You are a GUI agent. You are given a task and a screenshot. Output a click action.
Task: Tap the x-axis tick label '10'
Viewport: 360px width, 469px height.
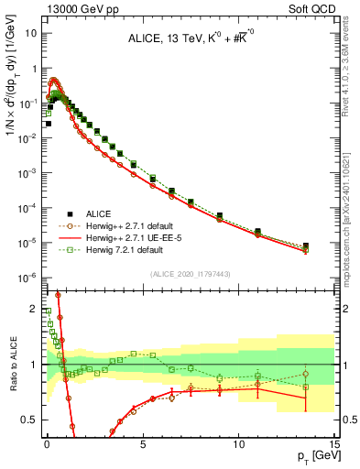click(x=238, y=442)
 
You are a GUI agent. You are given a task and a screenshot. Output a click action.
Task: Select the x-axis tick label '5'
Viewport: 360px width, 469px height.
click(x=143, y=442)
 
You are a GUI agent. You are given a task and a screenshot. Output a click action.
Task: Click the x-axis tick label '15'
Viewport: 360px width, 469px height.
click(x=333, y=442)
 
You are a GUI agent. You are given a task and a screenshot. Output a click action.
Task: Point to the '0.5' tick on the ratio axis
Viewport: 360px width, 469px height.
click(x=30, y=420)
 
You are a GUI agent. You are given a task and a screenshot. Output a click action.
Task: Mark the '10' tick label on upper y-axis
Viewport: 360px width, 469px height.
click(x=31, y=33)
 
